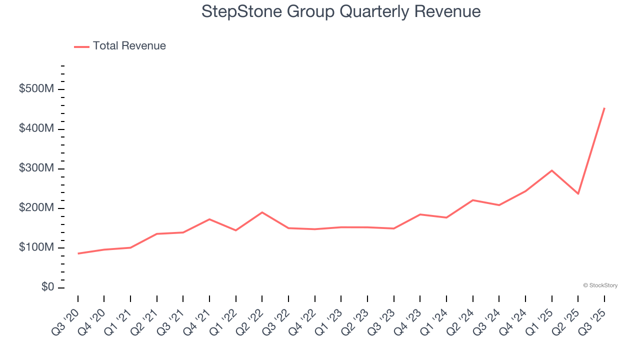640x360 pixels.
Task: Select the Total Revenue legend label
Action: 129,46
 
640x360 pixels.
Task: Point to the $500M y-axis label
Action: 36,89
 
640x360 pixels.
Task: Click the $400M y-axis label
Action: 36,129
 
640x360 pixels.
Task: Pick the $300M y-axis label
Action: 36,168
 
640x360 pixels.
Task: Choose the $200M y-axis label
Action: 36,208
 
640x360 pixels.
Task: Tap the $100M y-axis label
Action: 36,247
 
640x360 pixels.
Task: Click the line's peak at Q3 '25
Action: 604,108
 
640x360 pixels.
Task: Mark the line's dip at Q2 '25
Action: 578,193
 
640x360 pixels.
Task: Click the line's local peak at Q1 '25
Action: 551,170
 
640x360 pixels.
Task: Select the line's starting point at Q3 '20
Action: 78,253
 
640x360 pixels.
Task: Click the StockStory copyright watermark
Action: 600,285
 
